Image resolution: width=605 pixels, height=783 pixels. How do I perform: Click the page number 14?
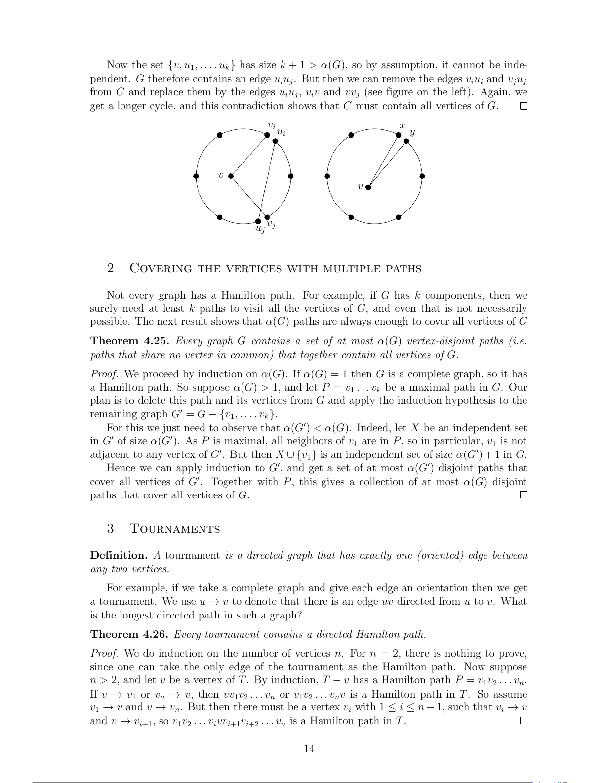click(x=309, y=749)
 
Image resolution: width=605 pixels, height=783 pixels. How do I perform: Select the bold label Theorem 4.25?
click(x=130, y=341)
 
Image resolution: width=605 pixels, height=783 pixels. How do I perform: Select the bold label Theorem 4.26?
click(x=130, y=634)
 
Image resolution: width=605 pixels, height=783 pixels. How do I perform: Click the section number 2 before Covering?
click(x=110, y=268)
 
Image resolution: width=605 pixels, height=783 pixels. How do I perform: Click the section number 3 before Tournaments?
click(x=110, y=529)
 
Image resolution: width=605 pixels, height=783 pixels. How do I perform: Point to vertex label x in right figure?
click(x=403, y=126)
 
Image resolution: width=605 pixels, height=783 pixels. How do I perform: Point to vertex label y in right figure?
click(x=412, y=132)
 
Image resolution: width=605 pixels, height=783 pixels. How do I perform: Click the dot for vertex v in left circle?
click(x=231, y=175)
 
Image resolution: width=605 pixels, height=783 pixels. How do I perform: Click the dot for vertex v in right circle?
click(x=368, y=187)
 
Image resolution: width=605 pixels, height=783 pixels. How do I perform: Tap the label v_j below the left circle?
click(x=271, y=225)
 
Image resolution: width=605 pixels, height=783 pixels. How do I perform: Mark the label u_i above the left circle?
click(x=281, y=132)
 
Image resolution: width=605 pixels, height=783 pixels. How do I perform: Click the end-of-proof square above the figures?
click(x=524, y=106)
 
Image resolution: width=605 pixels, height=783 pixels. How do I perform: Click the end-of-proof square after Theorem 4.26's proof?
click(x=524, y=721)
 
